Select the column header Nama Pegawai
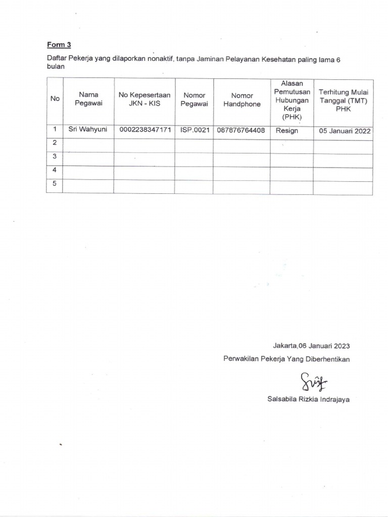point(88,99)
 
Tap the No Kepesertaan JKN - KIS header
point(144,99)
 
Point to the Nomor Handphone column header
point(242,100)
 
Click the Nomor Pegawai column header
point(194,99)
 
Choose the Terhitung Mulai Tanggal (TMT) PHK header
point(343,100)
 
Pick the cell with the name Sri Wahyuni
point(88,130)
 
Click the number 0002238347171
point(144,130)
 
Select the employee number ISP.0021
point(195,130)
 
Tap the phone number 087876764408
point(241,130)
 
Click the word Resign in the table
point(287,130)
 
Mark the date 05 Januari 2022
point(345,131)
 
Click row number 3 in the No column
point(54,157)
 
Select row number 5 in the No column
point(54,184)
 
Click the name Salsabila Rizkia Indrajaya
point(308,399)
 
